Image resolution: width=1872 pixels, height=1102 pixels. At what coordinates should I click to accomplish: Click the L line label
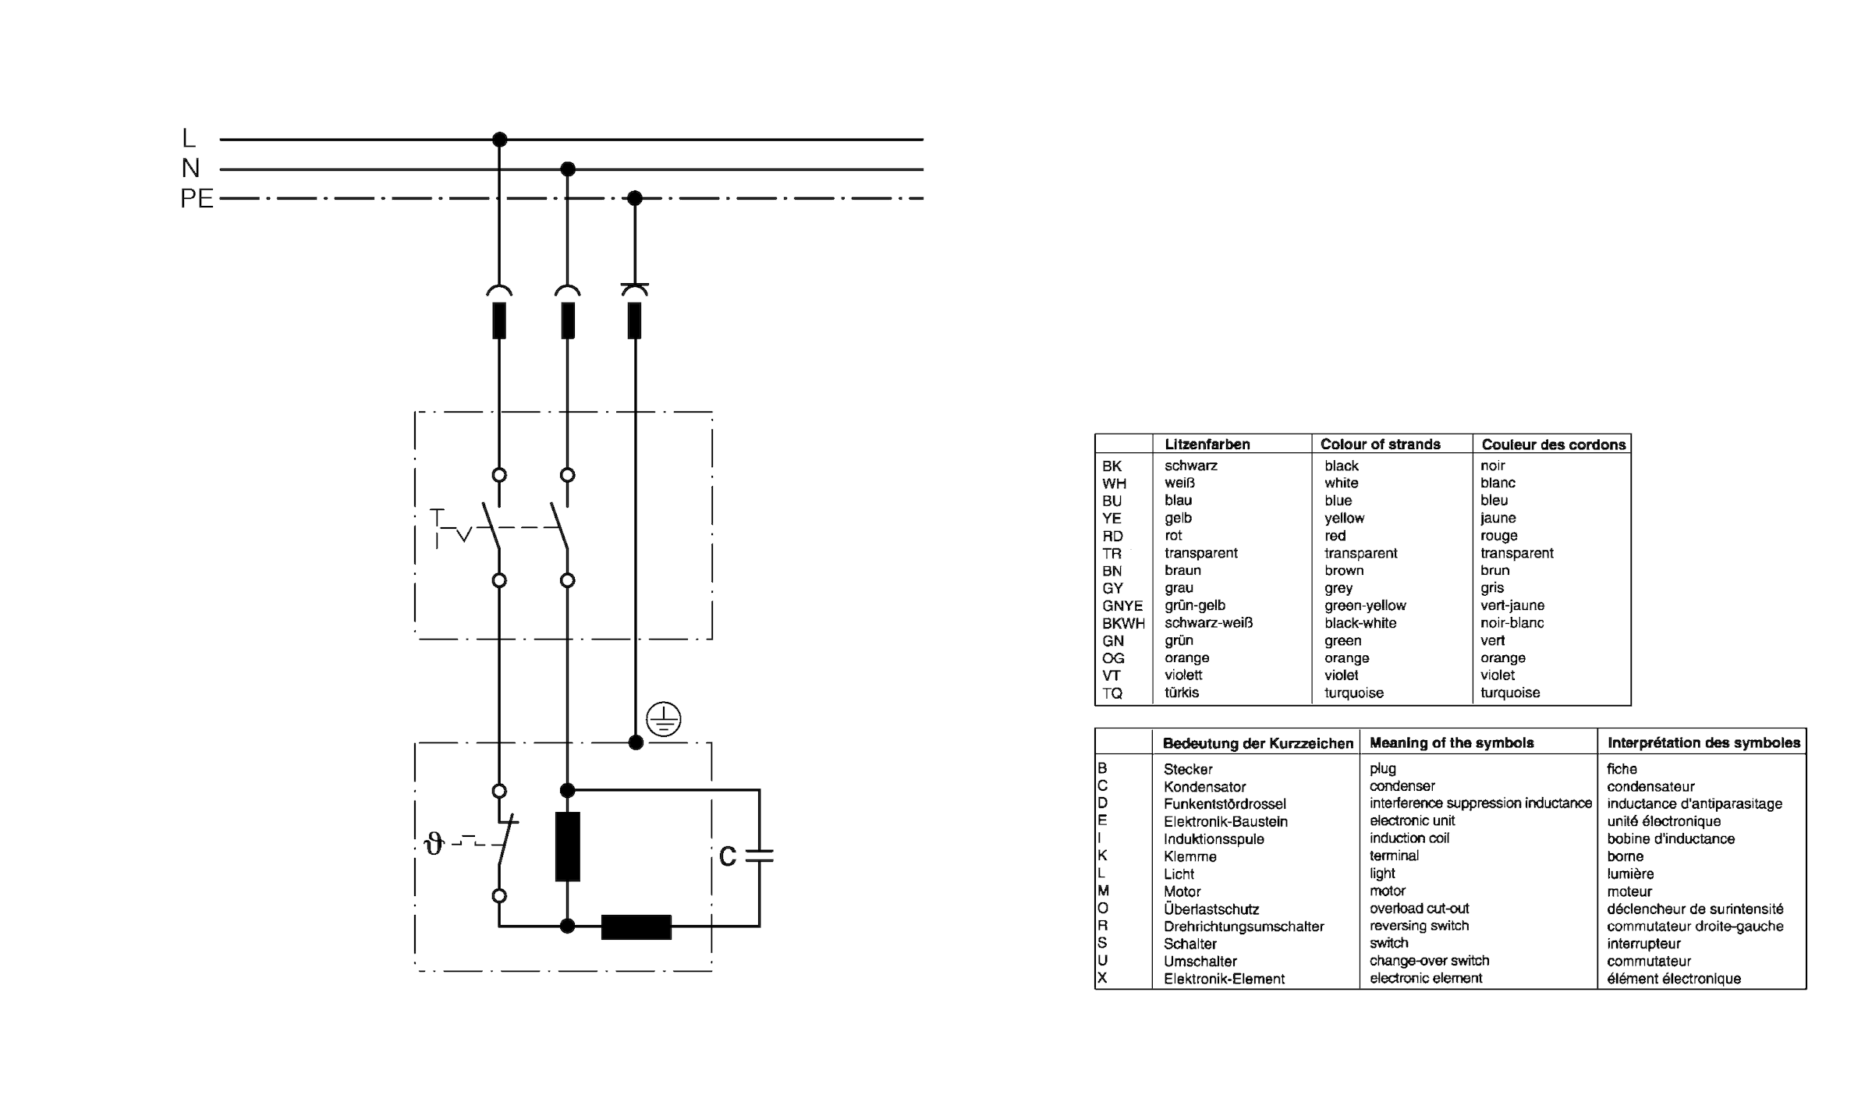tap(189, 139)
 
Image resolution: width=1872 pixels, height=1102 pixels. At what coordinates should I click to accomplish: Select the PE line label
tap(197, 199)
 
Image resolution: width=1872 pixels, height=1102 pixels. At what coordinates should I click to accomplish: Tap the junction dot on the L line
tap(500, 140)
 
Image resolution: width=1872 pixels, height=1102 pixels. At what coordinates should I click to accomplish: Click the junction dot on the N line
tap(568, 169)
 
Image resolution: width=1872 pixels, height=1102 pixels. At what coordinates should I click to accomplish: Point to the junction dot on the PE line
tap(635, 198)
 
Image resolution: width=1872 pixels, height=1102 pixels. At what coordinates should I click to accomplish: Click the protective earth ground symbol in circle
tap(664, 719)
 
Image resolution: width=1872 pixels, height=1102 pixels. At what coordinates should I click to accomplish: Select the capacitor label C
tap(727, 857)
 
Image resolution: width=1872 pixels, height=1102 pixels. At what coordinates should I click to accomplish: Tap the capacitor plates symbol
tap(759, 856)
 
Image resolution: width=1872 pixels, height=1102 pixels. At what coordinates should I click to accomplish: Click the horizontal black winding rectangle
tap(636, 927)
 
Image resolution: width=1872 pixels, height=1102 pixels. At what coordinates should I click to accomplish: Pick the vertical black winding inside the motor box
tap(568, 846)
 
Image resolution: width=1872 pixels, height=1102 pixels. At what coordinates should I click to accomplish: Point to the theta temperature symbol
tap(434, 844)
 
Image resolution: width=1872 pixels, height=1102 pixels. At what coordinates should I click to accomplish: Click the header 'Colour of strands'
tap(1381, 445)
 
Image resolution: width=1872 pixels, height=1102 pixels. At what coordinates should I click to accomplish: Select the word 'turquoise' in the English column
tap(1354, 693)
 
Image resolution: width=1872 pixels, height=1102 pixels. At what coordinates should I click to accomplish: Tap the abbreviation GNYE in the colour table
tap(1122, 606)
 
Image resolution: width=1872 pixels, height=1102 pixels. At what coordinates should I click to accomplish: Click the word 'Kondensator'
tap(1205, 787)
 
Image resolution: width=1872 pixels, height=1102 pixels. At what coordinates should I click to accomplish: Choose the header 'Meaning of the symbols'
tap(1452, 743)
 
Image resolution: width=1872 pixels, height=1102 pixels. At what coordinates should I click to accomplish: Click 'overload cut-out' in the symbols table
tap(1420, 909)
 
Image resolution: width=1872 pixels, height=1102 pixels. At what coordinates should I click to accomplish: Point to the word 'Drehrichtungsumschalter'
tap(1244, 927)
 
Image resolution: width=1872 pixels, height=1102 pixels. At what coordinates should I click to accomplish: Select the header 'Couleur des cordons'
tap(1554, 445)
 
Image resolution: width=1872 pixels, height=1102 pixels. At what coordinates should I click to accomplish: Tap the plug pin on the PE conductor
tap(635, 321)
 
